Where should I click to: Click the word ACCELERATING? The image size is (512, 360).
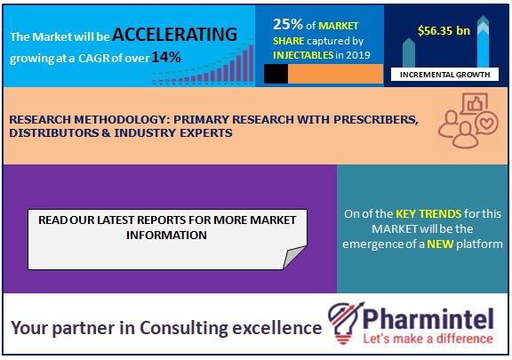pos(175,35)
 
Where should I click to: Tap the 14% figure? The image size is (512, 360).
pos(166,57)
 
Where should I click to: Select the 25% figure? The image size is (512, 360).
pos(288,24)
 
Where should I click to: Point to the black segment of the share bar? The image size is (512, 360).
pos(276,74)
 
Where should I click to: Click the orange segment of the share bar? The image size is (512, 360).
pos(335,74)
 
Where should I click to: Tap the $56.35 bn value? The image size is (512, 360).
pos(444,31)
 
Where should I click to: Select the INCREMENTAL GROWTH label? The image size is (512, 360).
pos(444,75)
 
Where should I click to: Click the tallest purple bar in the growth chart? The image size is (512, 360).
pos(251,63)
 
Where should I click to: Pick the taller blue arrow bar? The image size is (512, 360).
pos(483,43)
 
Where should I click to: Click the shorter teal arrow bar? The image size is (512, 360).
pos(409,53)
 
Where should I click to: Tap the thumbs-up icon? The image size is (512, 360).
pos(475,104)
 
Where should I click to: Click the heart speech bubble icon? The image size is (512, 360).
pos(486,124)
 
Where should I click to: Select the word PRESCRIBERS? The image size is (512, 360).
pos(375,120)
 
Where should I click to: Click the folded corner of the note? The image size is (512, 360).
pos(294,257)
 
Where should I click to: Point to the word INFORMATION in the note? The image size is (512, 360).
pos(166,236)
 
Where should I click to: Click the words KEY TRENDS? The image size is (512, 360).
pos(428,213)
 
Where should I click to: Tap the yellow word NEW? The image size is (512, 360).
pos(440,244)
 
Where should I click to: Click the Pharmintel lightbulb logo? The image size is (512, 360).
pos(346,323)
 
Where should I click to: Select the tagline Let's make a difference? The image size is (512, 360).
pos(428,339)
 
